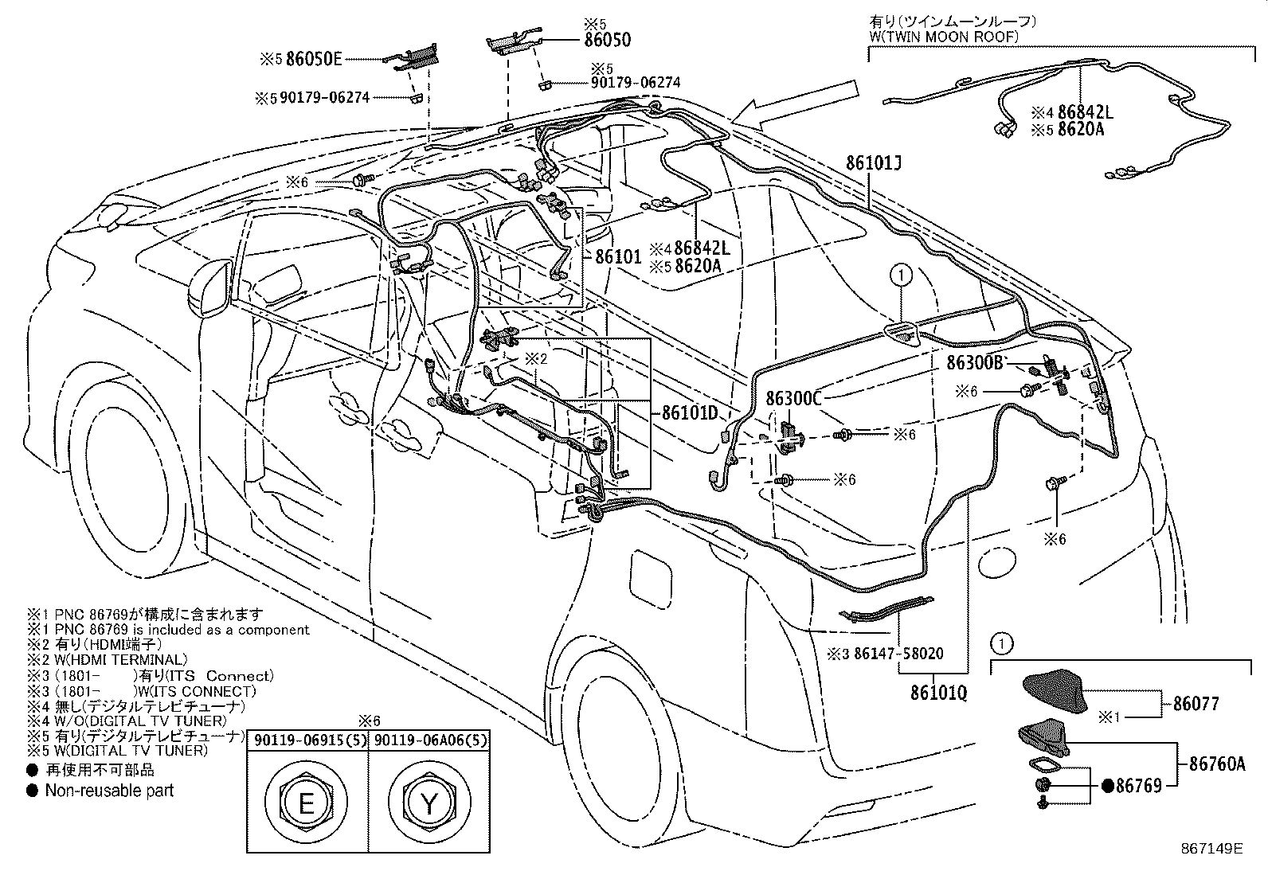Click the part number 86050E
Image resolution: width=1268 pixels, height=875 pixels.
tap(314, 59)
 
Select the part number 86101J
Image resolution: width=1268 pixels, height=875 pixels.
tap(874, 163)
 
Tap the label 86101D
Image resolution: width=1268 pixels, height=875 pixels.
tap(690, 412)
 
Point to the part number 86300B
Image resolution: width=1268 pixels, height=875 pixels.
tap(975, 362)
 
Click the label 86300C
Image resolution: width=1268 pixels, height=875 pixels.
tap(793, 398)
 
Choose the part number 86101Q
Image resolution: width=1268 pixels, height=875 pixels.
tap(938, 692)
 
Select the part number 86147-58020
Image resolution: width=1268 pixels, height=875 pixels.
tap(898, 654)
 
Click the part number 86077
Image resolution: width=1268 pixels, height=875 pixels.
tap(1196, 704)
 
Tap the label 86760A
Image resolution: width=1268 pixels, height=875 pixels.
tap(1217, 764)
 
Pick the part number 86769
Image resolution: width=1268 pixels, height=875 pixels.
tap(1138, 786)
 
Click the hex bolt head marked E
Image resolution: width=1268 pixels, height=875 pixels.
tap(306, 803)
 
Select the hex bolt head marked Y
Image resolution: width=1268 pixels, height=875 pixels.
tap(429, 803)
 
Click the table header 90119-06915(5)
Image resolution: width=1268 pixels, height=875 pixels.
tap(307, 740)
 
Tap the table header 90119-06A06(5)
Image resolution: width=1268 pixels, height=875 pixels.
tap(430, 740)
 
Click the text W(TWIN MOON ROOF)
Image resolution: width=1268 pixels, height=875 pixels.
tap(944, 37)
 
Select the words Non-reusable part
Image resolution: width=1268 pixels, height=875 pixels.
tap(109, 791)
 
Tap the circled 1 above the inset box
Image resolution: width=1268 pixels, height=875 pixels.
tap(1002, 643)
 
